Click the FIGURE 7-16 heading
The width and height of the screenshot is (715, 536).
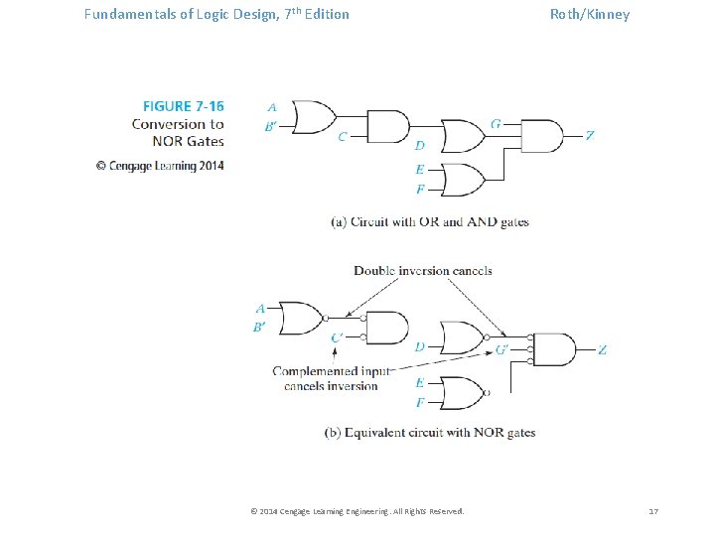pos(183,105)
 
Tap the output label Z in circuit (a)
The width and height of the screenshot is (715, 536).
pos(590,135)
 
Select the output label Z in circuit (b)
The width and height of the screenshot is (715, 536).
pos(602,349)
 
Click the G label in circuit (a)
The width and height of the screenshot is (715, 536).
pos(495,124)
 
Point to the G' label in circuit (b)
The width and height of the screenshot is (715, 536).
pos(501,349)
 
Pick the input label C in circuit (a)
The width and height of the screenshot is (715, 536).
pos(342,137)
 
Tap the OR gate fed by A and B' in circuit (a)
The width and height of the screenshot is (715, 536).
pos(312,116)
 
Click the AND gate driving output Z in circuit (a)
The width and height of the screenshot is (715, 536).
pos(541,136)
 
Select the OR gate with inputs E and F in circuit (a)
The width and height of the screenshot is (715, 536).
pos(463,180)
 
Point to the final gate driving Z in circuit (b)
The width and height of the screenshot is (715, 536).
pos(555,349)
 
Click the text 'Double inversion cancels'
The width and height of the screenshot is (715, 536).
pos(423,270)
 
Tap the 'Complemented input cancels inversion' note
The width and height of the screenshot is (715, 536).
pos(332,378)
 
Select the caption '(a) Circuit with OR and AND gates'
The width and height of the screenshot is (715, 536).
pos(430,222)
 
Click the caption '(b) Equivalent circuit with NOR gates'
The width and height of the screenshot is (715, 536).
pos(430,433)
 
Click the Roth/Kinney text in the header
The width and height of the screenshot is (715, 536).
pos(590,14)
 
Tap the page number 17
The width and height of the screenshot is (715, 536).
pos(653,510)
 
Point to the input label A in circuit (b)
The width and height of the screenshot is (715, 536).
pos(260,308)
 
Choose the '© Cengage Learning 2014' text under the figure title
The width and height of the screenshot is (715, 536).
pos(160,166)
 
